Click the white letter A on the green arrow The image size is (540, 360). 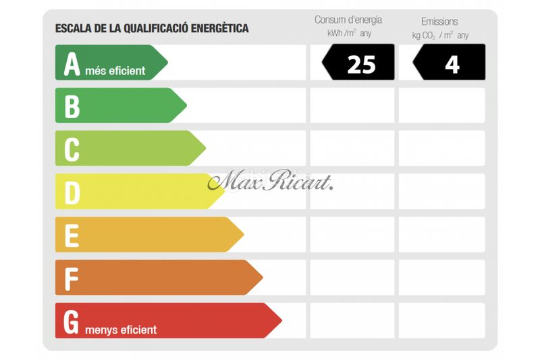72,64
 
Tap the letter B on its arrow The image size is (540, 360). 72,107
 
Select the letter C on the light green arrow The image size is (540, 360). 72,150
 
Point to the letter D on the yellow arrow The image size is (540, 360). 72,193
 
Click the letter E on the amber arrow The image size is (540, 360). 72,236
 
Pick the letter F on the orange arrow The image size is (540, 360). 72,279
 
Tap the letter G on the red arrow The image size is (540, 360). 72,322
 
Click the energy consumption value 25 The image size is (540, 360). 361,65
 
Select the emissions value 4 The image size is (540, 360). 452,65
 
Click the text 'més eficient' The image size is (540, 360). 115,71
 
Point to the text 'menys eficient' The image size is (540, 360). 121,330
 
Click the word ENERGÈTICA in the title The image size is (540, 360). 220,28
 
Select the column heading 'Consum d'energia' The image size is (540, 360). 348,20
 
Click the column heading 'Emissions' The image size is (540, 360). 439,22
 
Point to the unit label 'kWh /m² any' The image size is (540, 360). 349,33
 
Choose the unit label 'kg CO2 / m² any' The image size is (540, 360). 440,35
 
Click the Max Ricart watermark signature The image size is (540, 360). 271,180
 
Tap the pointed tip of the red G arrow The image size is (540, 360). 281,320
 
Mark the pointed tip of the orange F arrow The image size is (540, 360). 263,278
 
